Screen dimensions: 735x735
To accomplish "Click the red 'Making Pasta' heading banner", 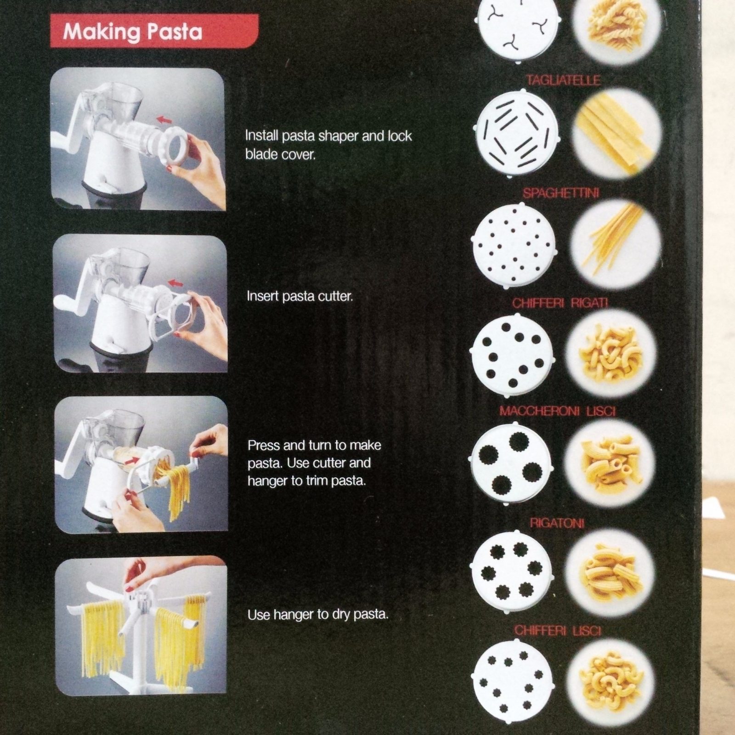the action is coord(154,31).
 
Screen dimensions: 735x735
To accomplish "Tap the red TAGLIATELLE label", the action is coord(564,80).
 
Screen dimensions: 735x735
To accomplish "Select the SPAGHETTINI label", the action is coord(561,193).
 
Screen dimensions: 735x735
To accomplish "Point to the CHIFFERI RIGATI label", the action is coord(560,303).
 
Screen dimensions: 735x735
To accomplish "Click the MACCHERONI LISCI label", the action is coord(558,411).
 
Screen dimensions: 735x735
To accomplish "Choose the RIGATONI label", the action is coord(557,523).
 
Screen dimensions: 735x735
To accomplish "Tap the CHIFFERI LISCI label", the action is coord(558,630).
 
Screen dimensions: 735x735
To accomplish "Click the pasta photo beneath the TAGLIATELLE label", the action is coord(617,133).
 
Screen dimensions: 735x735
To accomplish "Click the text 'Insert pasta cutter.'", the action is coord(300,296).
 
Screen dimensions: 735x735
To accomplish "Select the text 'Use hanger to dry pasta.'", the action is coord(318,615).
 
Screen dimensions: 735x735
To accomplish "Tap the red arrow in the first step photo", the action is coord(164,121).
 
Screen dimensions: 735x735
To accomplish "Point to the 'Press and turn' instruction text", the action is coord(315,463).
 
